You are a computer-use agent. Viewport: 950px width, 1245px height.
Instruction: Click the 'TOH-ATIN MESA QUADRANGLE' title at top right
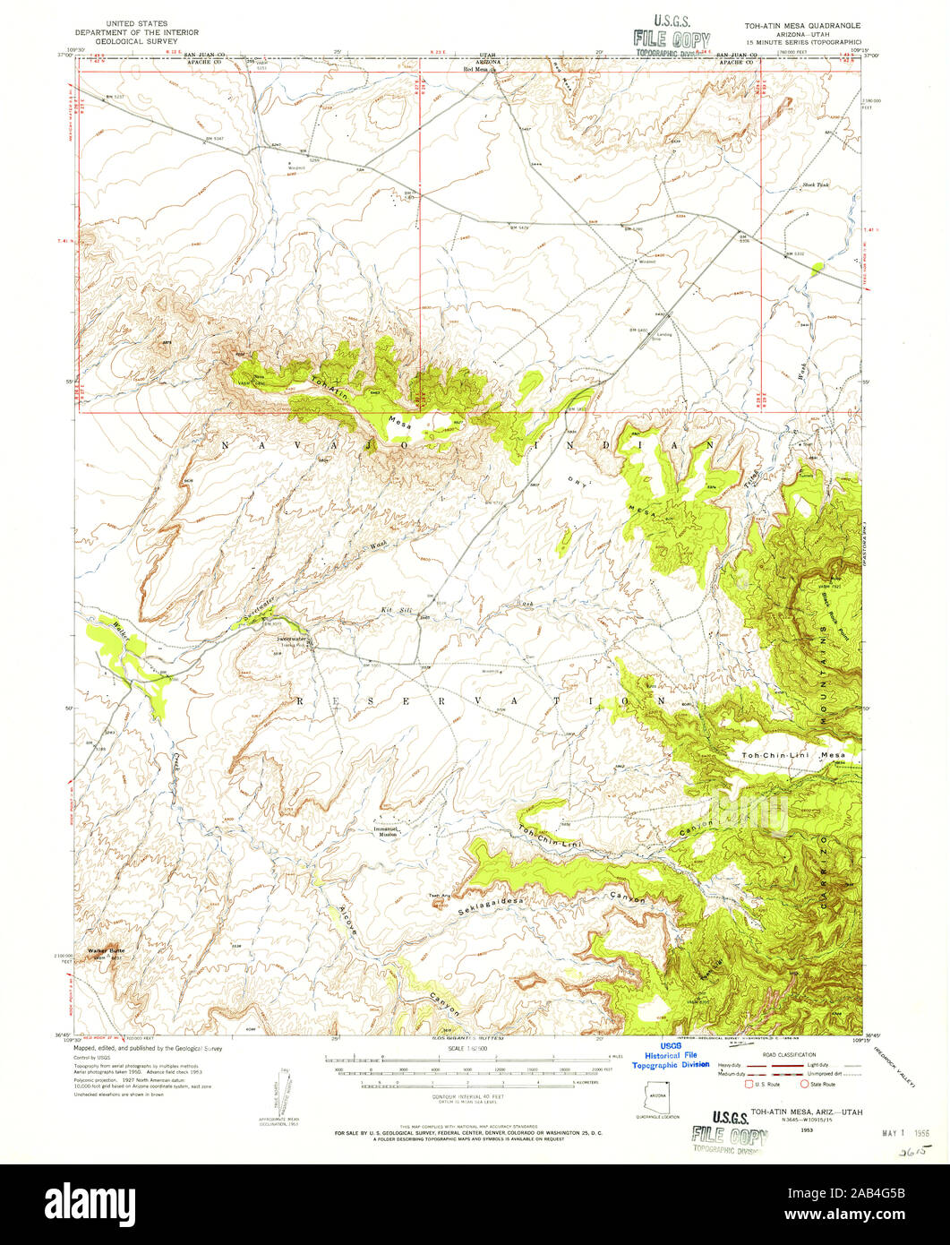(796, 26)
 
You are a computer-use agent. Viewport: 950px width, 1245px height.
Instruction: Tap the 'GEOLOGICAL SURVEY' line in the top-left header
(139, 41)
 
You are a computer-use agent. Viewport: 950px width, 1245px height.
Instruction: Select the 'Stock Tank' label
(816, 185)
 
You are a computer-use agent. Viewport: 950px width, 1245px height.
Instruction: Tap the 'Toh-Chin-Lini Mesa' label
(792, 757)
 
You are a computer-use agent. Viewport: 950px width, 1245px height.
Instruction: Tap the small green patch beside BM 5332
(816, 266)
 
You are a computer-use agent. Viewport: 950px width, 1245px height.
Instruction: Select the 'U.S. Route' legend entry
(767, 1085)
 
